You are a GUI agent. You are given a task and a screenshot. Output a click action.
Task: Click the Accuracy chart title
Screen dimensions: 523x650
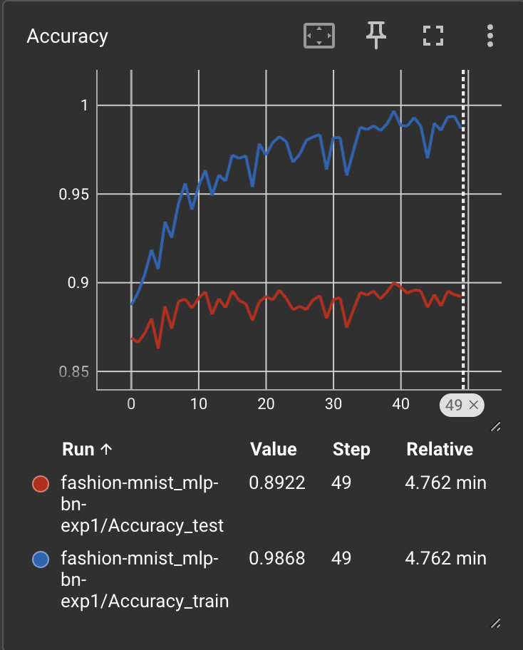(x=67, y=36)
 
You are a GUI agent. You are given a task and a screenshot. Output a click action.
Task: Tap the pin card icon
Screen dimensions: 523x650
(x=376, y=35)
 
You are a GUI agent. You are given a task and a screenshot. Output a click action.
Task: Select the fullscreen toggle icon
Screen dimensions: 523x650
(x=433, y=36)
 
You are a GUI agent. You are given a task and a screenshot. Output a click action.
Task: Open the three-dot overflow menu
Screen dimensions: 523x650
(x=490, y=36)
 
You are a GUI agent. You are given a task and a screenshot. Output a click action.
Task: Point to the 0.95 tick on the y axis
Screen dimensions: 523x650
(x=74, y=194)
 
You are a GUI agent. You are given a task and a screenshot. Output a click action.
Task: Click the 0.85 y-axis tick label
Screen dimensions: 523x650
(x=74, y=372)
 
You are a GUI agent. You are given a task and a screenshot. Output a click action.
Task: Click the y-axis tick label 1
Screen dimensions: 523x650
(x=85, y=105)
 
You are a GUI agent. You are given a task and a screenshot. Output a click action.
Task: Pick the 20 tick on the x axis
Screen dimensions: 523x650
(x=266, y=404)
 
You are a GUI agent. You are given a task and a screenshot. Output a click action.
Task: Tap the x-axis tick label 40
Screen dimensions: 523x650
(x=400, y=404)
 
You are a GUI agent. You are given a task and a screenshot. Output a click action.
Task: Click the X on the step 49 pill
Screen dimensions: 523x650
(x=473, y=405)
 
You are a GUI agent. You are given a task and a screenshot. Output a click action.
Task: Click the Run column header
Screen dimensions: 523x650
(x=78, y=449)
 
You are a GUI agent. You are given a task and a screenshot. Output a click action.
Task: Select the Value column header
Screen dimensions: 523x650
(x=274, y=449)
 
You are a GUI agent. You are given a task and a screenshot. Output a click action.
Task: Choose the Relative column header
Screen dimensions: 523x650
(x=440, y=449)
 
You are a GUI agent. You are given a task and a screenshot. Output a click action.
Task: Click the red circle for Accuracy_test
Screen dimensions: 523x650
(x=41, y=484)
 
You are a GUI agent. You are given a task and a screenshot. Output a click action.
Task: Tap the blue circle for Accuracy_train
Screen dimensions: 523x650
(x=41, y=559)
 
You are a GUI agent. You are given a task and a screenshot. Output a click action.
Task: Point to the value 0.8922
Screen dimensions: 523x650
(x=277, y=483)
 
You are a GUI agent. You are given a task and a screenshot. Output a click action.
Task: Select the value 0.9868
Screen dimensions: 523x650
(x=277, y=558)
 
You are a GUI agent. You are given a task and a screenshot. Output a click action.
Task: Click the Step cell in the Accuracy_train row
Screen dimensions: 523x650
(x=341, y=558)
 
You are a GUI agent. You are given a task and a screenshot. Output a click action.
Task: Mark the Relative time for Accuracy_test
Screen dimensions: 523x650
(x=445, y=483)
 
